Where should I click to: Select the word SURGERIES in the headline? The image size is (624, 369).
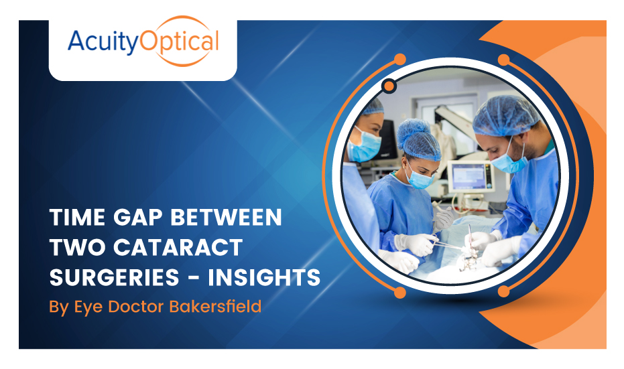[111, 277]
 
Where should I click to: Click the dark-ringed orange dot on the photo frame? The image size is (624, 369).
[388, 86]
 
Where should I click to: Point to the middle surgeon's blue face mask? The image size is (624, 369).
[420, 177]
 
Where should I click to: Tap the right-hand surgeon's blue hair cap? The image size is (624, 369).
[505, 114]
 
